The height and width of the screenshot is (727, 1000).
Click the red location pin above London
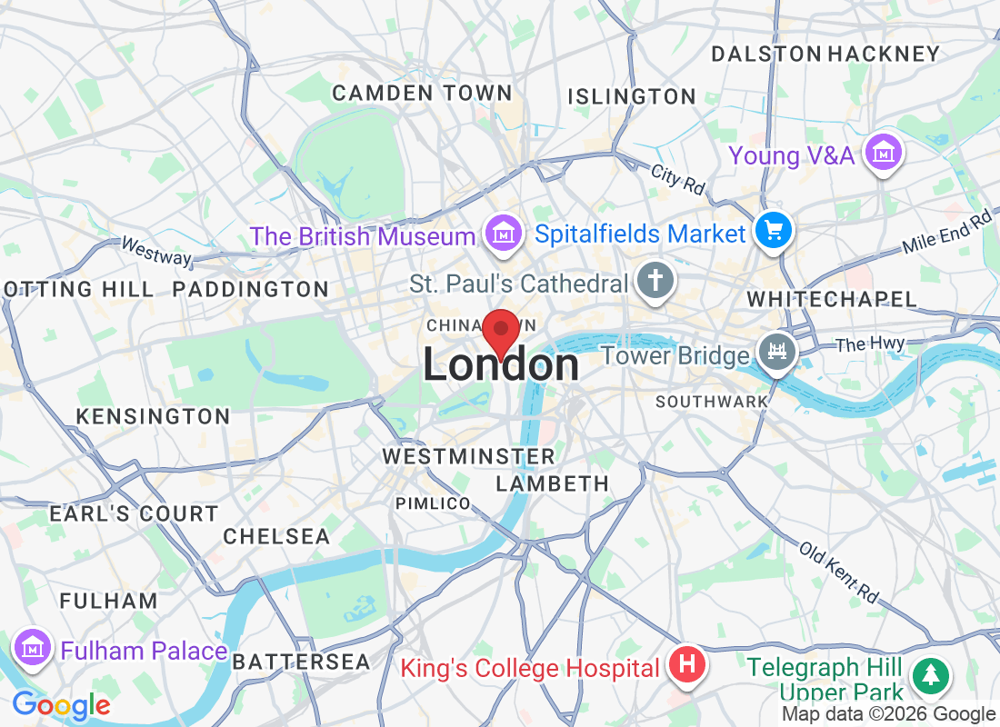(x=500, y=332)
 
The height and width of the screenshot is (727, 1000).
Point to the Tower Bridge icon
(x=777, y=354)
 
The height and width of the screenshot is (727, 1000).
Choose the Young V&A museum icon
(x=882, y=154)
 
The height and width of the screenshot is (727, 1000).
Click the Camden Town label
(x=422, y=93)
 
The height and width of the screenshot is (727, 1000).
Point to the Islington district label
(x=632, y=96)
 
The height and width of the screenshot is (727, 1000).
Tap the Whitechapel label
(x=831, y=299)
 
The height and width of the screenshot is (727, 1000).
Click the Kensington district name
(x=153, y=416)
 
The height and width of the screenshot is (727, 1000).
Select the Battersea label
(x=301, y=662)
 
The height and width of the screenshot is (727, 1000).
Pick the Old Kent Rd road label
(x=840, y=573)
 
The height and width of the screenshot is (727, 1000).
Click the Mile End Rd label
(x=945, y=233)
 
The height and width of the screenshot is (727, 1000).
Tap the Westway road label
(x=156, y=252)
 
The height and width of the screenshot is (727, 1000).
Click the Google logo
(x=61, y=704)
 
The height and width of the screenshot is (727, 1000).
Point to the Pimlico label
(x=433, y=503)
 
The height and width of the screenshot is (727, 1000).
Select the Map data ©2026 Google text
(x=888, y=714)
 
